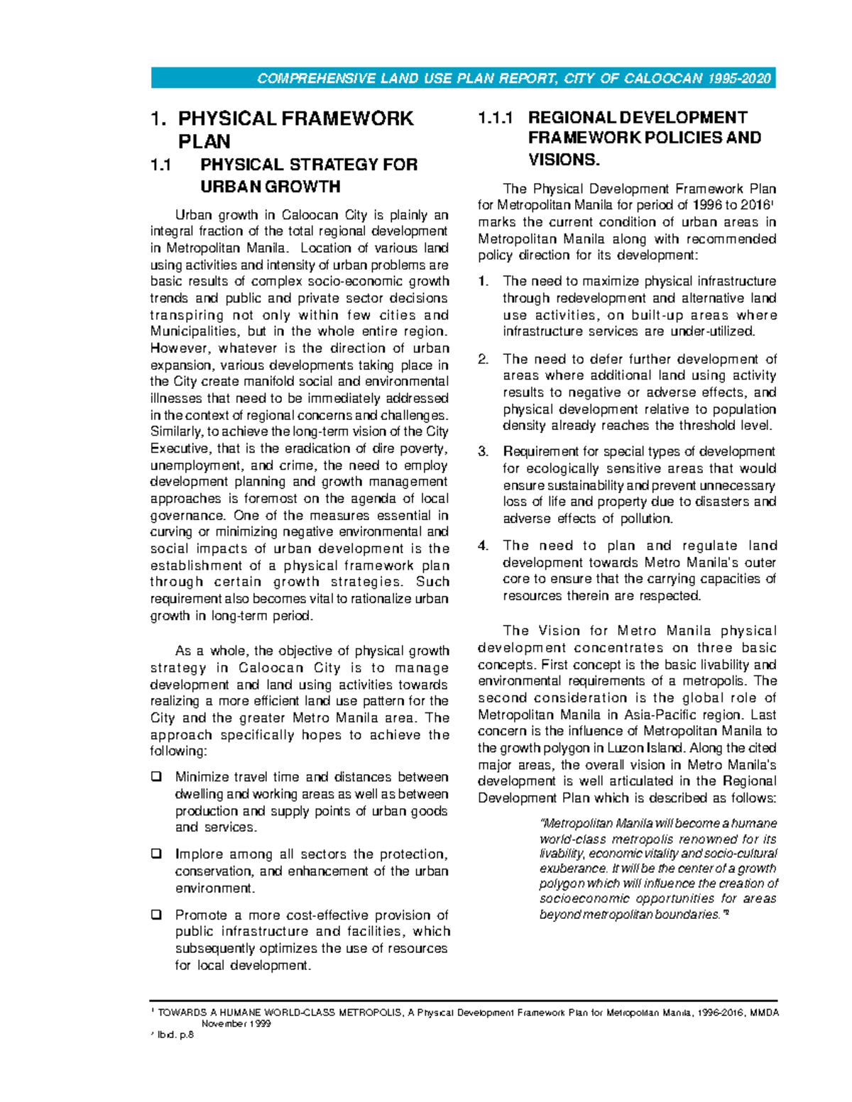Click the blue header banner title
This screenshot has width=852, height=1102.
coord(513,79)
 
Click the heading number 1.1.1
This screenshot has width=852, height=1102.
coord(496,119)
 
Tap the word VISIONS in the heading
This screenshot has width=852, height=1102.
coord(564,160)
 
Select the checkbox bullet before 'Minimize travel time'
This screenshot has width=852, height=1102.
coord(156,777)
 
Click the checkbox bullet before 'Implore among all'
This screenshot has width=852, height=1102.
coord(156,854)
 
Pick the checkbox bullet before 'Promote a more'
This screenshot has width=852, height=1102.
coord(156,915)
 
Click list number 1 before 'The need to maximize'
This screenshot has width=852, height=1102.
coord(483,282)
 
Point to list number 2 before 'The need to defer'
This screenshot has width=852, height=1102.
coord(483,359)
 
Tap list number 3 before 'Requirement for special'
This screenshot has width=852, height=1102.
coord(483,452)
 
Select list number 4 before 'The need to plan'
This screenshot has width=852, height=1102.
coord(483,546)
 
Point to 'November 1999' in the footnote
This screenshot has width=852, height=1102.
coord(236,1024)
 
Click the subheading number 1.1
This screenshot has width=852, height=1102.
coord(161,165)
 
